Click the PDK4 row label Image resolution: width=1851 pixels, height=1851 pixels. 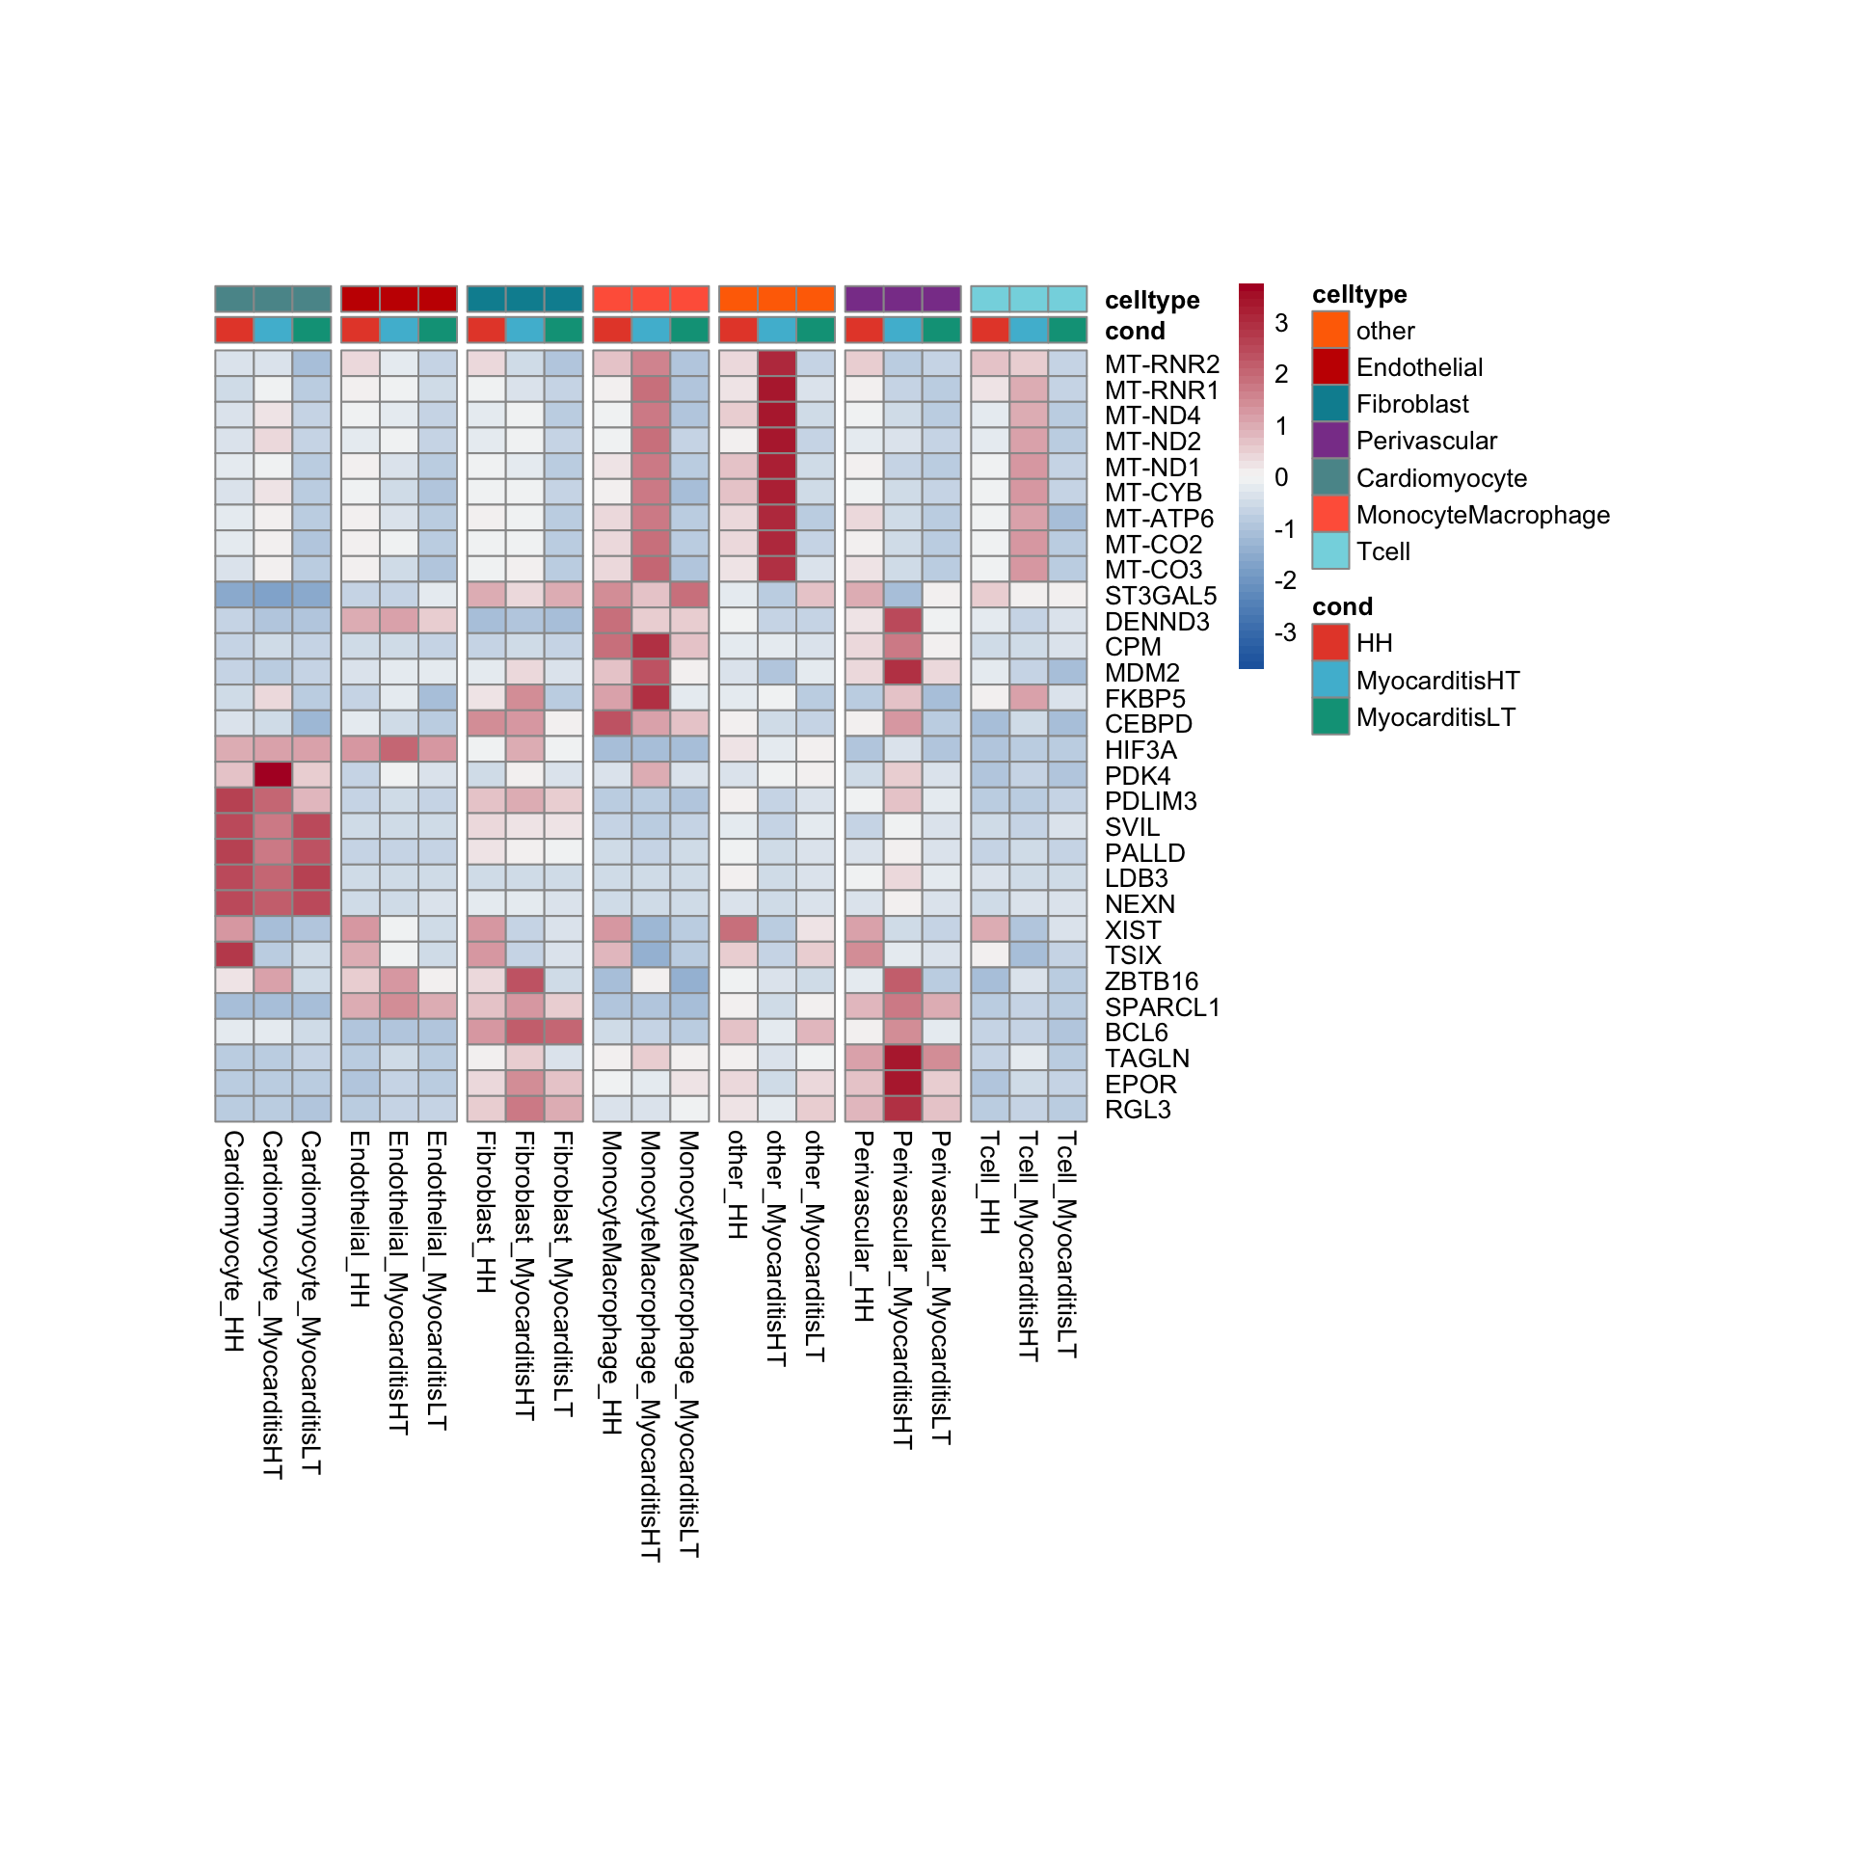pos(1138,776)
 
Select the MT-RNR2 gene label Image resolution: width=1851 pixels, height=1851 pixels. pos(1162,364)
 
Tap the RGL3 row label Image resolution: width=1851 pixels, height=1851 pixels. pos(1138,1110)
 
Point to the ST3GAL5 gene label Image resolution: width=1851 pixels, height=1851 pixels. pos(1161,596)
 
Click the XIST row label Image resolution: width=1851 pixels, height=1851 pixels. pos(1133,930)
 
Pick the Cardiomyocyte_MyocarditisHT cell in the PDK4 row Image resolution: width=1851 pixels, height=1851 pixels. pos(273,775)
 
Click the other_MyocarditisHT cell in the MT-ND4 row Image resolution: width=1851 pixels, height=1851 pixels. pos(777,416)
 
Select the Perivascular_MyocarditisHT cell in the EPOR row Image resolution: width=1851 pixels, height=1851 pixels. pos(903,1084)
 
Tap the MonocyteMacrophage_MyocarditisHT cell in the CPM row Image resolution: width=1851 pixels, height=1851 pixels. pos(651,647)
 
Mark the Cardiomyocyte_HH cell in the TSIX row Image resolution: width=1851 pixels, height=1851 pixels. pos(234,955)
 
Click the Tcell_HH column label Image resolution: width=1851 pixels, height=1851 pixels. pos(989,1183)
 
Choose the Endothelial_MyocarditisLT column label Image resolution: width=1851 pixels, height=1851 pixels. pos(436,1280)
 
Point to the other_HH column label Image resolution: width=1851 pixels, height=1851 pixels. pos(737,1185)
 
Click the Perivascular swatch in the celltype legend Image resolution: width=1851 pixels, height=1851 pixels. pos(1330,441)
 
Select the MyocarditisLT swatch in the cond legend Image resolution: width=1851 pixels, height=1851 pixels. pos(1330,717)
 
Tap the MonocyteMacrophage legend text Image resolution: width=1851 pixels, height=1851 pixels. pos(1483,515)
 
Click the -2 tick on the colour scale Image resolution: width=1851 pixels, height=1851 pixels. pos(1284,580)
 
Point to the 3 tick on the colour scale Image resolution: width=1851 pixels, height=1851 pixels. pos(1281,323)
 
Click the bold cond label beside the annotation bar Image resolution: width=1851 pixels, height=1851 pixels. pos(1135,331)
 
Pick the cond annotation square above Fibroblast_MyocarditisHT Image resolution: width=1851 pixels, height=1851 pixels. pos(525,330)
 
